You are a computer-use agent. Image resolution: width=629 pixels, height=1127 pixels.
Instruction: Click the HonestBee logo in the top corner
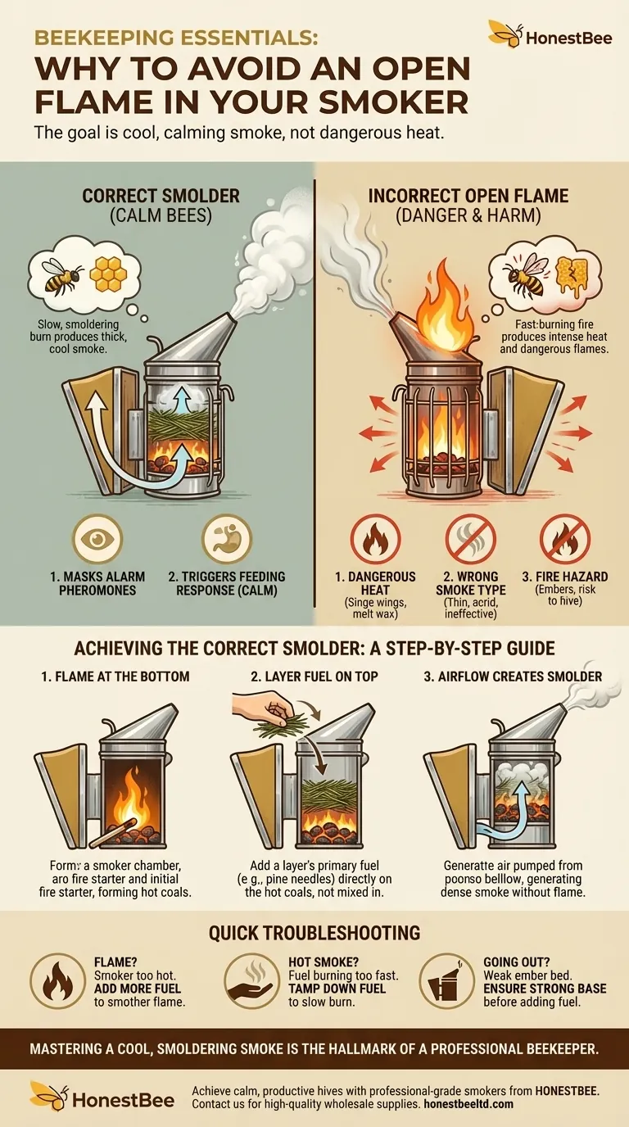click(550, 34)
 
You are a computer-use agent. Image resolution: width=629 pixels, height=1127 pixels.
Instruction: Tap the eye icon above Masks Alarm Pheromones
click(97, 539)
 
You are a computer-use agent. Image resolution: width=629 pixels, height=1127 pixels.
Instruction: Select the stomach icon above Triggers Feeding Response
click(226, 538)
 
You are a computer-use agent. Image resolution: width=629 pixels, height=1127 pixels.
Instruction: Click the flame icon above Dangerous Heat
click(375, 539)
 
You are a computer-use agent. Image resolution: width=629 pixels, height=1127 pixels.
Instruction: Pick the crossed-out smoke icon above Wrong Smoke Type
click(470, 539)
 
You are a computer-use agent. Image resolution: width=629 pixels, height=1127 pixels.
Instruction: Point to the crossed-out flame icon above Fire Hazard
click(564, 539)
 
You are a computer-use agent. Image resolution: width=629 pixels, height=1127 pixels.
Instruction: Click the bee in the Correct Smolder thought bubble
click(61, 276)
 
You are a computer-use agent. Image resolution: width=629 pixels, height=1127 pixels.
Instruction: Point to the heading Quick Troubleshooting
click(314, 933)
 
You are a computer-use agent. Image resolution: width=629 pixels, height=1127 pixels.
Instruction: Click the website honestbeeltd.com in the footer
click(468, 1104)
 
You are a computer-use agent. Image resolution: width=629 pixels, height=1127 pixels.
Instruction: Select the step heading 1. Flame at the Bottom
click(115, 677)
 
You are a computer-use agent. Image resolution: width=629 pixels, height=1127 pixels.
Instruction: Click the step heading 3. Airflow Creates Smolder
click(513, 677)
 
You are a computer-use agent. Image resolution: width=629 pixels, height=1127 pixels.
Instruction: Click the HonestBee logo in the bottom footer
click(102, 1097)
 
